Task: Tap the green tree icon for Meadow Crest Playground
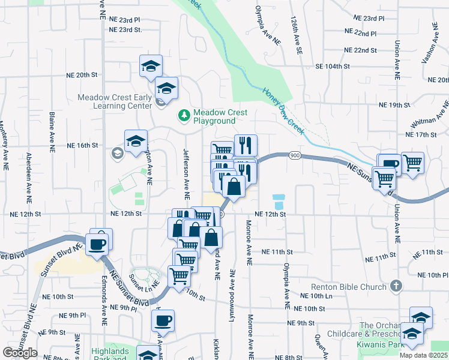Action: coord(184,114)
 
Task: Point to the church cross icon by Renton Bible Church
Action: coord(395,287)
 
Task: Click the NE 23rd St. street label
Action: coord(125,29)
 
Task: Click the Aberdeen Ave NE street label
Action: coord(28,175)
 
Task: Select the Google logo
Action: coord(20,353)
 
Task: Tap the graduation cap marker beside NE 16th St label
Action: coord(136,142)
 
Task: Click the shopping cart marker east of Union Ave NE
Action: coord(412,163)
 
